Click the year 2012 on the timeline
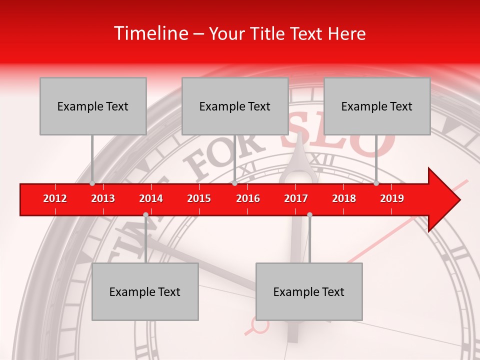click(x=55, y=198)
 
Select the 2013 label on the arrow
click(x=103, y=198)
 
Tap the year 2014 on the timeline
click(x=151, y=198)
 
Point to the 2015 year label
click(x=199, y=198)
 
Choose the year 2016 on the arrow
click(x=248, y=198)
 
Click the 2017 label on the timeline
click(x=296, y=198)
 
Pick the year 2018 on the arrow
click(x=344, y=198)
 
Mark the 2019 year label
click(x=392, y=198)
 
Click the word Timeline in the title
click(x=149, y=33)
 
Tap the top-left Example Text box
click(x=93, y=106)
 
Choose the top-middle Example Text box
click(x=235, y=106)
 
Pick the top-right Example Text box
click(x=377, y=106)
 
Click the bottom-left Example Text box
click(x=145, y=291)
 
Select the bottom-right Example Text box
click(x=309, y=291)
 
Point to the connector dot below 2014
click(x=145, y=214)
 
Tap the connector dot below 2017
click(x=309, y=214)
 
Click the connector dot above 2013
click(x=92, y=183)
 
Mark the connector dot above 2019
click(x=376, y=183)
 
